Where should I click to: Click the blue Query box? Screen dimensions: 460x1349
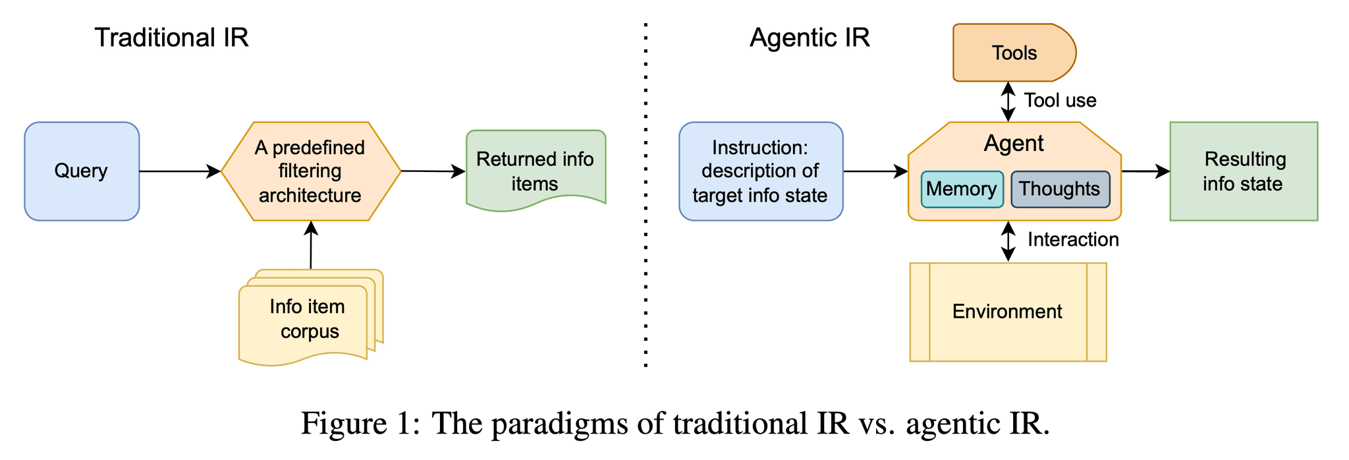click(x=82, y=171)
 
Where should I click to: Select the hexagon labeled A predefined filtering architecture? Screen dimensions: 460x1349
click(x=310, y=171)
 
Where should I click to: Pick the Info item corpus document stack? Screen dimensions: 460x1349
click(x=308, y=319)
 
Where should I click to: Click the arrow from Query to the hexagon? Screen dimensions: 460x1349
click(x=179, y=171)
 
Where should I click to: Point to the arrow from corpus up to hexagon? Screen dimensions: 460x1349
click(x=311, y=245)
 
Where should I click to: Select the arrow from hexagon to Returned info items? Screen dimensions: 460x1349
click(x=433, y=171)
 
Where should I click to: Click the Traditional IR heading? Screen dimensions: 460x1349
click(x=171, y=38)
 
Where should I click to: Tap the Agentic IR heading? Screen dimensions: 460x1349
click(x=810, y=38)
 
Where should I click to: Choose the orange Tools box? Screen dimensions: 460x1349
click(x=1014, y=53)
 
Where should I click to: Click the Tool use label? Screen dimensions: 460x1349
click(x=1060, y=100)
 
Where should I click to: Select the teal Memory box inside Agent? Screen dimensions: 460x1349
click(x=961, y=189)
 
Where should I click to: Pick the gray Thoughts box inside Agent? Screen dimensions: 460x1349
click(x=1059, y=189)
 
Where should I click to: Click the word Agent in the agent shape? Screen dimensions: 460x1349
click(x=1013, y=143)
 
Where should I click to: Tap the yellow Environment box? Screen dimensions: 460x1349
click(x=1007, y=312)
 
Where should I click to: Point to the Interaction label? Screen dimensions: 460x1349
click(x=1073, y=239)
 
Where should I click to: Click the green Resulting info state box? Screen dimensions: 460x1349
click(x=1243, y=171)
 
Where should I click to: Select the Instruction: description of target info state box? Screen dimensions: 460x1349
click(x=760, y=171)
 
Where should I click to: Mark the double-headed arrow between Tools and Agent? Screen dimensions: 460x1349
click(x=1008, y=101)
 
